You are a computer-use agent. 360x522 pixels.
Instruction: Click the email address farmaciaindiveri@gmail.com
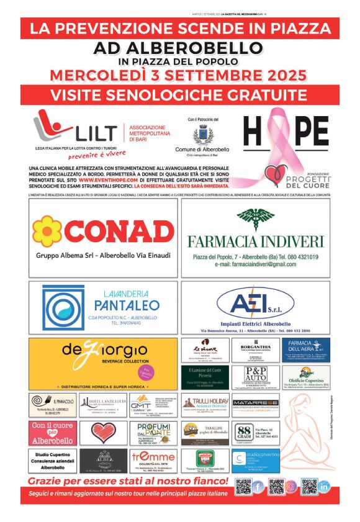255,264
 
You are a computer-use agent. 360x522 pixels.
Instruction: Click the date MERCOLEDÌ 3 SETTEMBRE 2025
179,76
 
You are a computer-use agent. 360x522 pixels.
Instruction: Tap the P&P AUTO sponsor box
255,377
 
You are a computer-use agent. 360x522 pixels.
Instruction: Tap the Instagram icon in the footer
290,487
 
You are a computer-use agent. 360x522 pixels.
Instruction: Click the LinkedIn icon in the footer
324,487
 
